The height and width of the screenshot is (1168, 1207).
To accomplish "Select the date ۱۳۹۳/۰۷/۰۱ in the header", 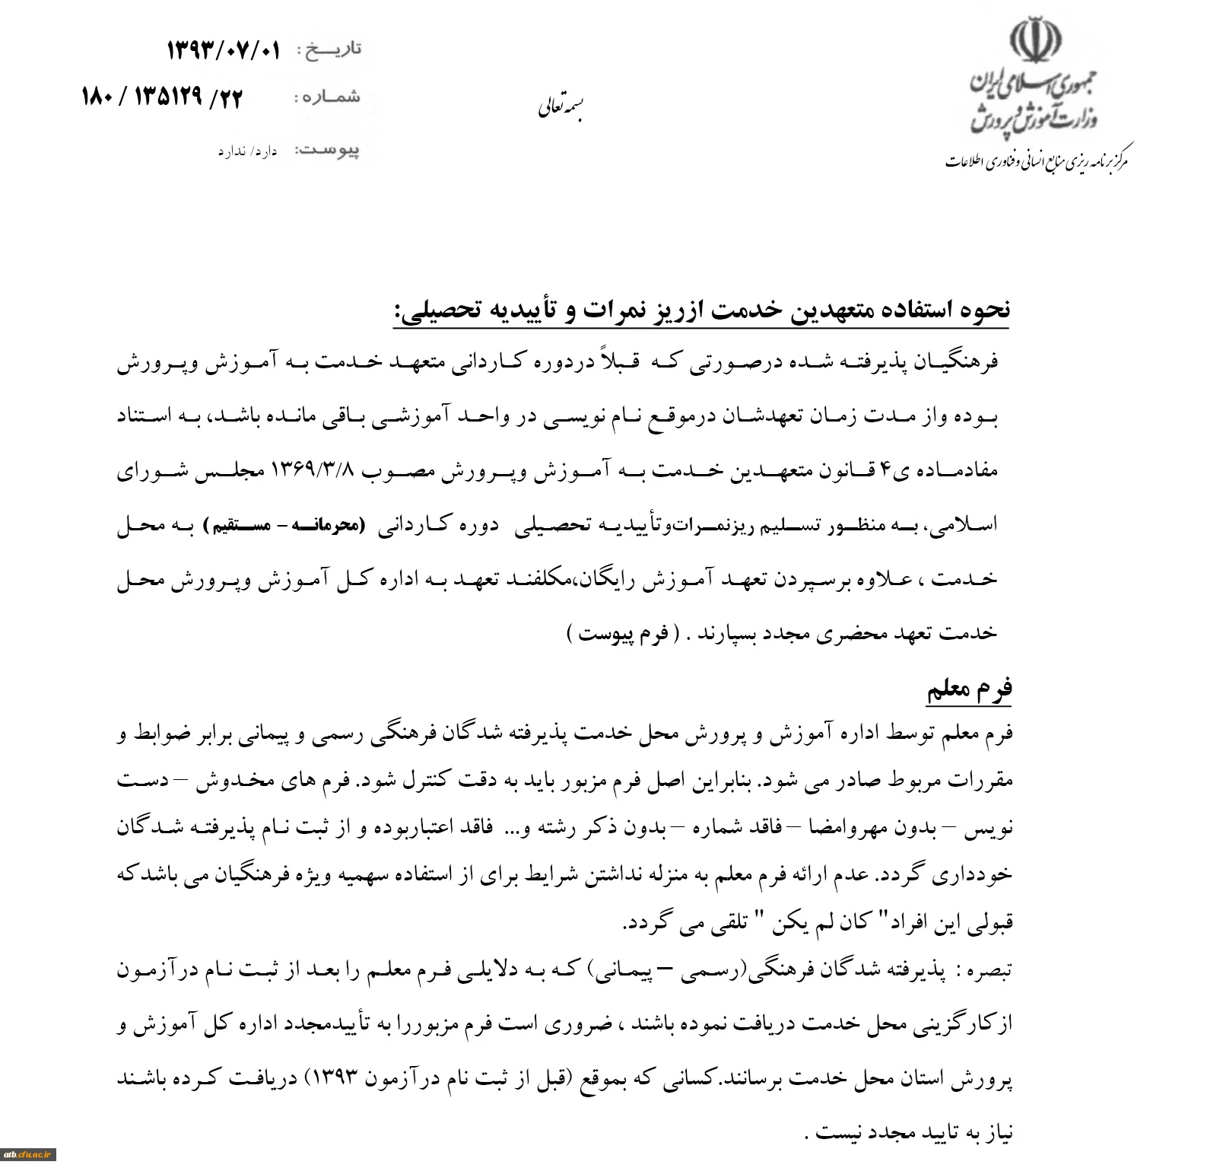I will coord(223,51).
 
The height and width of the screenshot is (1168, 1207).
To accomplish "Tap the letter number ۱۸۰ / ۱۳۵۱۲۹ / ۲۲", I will coord(162,97).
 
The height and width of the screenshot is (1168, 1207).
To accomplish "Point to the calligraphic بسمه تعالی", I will coord(560,108).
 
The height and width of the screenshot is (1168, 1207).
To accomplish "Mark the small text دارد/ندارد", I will coord(247,151).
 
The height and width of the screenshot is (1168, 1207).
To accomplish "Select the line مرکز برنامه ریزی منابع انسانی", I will coord(1037,161).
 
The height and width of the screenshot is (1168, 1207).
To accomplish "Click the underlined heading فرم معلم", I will coord(969,689).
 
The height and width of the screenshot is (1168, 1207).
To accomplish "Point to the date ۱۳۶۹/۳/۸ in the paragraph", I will coord(313,469).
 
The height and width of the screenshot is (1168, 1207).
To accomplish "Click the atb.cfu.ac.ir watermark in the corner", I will coord(28,1154).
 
